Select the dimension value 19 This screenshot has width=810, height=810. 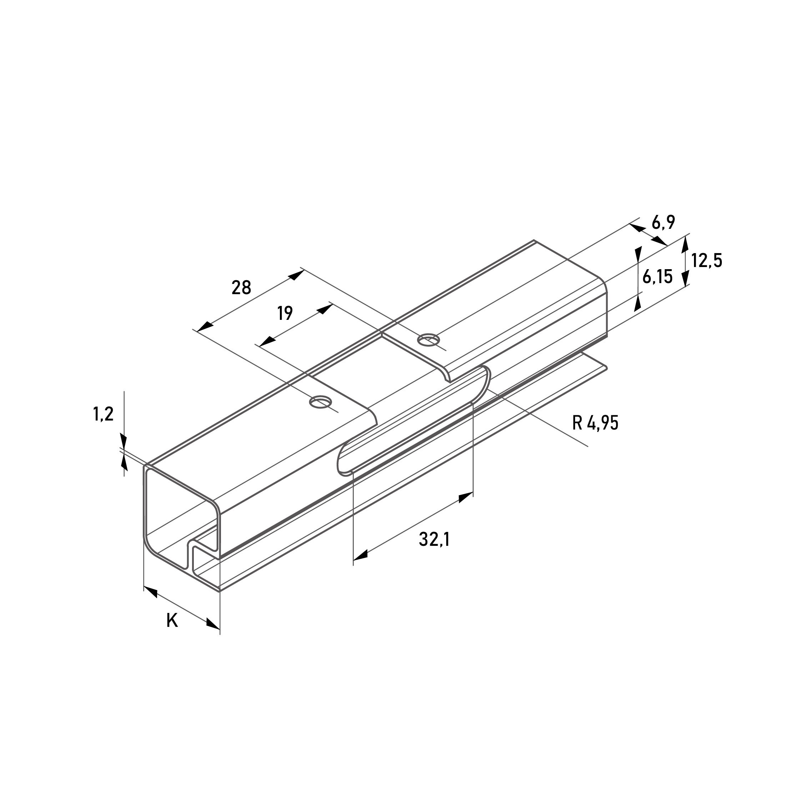click(x=285, y=313)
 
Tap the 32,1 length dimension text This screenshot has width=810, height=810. click(x=434, y=539)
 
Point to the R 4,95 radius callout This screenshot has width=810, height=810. click(x=595, y=423)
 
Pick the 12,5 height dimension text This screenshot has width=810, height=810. click(x=707, y=261)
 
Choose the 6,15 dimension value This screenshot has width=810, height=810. click(x=658, y=277)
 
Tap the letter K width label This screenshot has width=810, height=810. click(x=172, y=620)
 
